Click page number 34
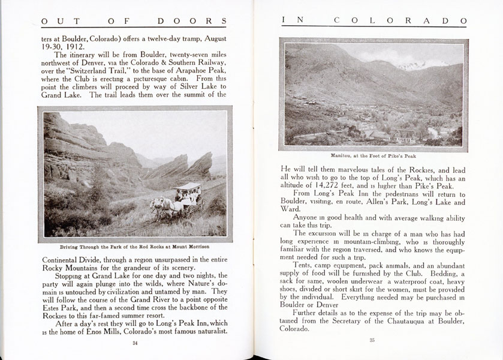coord(134,343)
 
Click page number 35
coord(372,341)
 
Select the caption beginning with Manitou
coord(373,155)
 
